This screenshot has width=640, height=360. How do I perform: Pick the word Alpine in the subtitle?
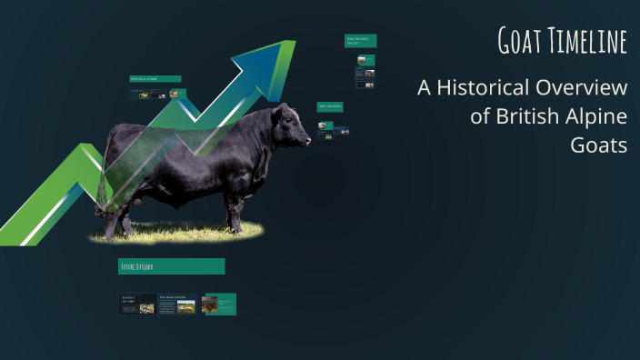click(595, 117)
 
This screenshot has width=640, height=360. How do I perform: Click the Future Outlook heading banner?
click(172, 266)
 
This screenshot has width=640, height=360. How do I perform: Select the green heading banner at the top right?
click(361, 41)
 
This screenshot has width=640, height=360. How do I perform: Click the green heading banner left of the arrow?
click(155, 79)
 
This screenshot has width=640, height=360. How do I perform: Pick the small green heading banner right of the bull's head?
click(330, 106)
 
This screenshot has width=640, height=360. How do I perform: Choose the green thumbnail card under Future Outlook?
click(218, 304)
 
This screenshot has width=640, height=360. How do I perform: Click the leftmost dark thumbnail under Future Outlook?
click(137, 304)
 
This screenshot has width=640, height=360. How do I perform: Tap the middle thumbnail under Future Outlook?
click(177, 304)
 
